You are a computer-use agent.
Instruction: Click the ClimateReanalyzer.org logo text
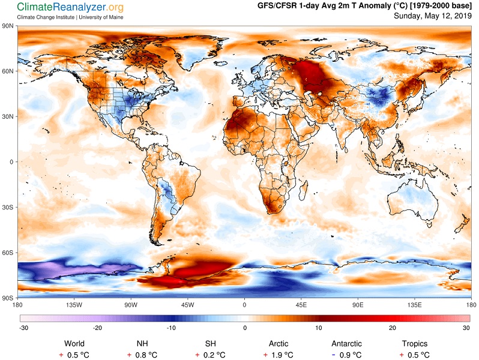pyautogui.click(x=70, y=7)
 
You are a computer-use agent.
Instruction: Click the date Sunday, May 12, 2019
pyautogui.click(x=433, y=16)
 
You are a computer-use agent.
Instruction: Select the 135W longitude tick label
pyautogui.click(x=74, y=305)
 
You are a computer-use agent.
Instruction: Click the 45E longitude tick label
pyautogui.click(x=301, y=305)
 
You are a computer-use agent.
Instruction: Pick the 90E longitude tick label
pyautogui.click(x=358, y=305)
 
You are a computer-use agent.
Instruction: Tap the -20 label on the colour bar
pyautogui.click(x=97, y=328)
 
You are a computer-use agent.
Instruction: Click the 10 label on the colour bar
pyautogui.click(x=319, y=328)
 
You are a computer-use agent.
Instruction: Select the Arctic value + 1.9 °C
pyautogui.click(x=279, y=355)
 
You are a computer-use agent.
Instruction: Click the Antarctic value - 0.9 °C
pyautogui.click(x=346, y=355)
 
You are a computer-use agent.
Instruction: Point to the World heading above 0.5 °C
pyautogui.click(x=74, y=344)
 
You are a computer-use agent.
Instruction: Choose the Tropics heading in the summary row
pyautogui.click(x=415, y=344)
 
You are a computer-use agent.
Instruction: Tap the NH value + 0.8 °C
pyautogui.click(x=142, y=355)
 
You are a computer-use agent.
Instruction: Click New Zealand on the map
pyautogui.click(x=461, y=225)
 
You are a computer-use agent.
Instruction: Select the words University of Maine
pyautogui.click(x=101, y=17)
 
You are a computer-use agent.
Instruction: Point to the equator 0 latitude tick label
pyautogui.click(x=11, y=162)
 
